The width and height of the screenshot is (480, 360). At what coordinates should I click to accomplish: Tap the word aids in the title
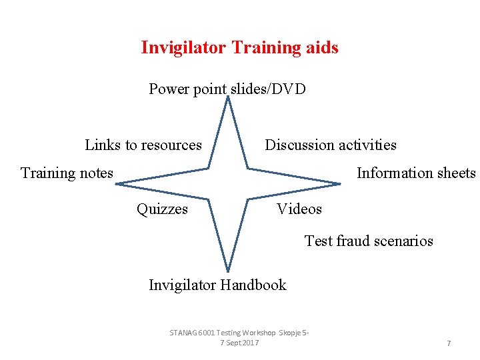click(323, 48)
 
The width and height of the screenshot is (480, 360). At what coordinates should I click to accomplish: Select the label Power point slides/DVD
click(227, 89)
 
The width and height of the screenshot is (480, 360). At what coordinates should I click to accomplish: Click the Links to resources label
click(143, 145)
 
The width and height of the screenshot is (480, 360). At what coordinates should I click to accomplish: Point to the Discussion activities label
click(331, 145)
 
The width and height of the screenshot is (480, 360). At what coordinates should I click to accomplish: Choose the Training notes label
click(67, 173)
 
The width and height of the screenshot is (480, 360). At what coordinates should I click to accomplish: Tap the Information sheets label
click(416, 173)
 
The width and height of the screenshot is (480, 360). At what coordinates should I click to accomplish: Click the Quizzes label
click(162, 209)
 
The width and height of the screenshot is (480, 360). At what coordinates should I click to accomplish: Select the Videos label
click(299, 209)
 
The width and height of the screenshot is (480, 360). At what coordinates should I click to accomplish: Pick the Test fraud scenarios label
click(369, 241)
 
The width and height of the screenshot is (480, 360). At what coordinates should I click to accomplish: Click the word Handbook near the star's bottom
click(254, 285)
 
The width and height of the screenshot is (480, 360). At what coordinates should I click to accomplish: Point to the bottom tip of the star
click(228, 271)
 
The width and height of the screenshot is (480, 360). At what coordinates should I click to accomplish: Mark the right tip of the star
click(341, 183)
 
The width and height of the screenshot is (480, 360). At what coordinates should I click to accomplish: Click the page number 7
click(449, 343)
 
